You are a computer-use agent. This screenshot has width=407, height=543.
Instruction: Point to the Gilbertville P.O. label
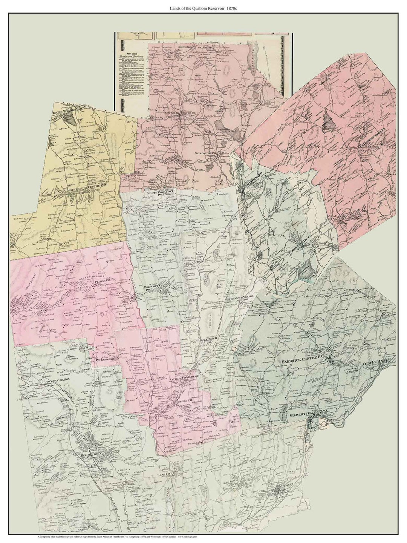(x=308, y=414)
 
